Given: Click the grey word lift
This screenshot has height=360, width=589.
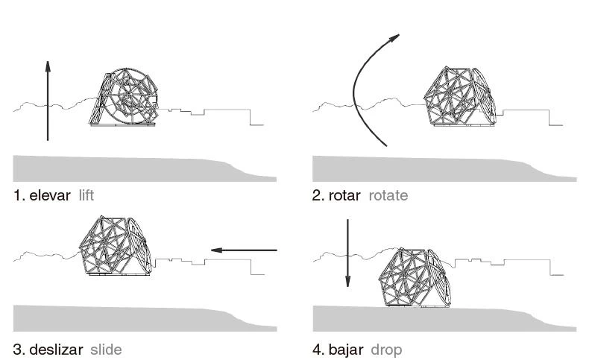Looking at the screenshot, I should pyautogui.click(x=86, y=196).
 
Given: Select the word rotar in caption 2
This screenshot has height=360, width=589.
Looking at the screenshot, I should pyautogui.click(x=345, y=196).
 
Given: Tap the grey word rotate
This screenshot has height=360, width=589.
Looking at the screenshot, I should pyautogui.click(x=388, y=196).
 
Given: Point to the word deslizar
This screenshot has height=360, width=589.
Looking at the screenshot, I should pyautogui.click(x=54, y=349).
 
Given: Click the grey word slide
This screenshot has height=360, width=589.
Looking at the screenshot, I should pyautogui.click(x=106, y=349).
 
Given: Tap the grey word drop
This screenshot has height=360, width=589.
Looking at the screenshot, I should pyautogui.click(x=386, y=349).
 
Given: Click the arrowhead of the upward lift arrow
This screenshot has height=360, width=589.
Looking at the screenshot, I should pyautogui.click(x=48, y=66).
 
